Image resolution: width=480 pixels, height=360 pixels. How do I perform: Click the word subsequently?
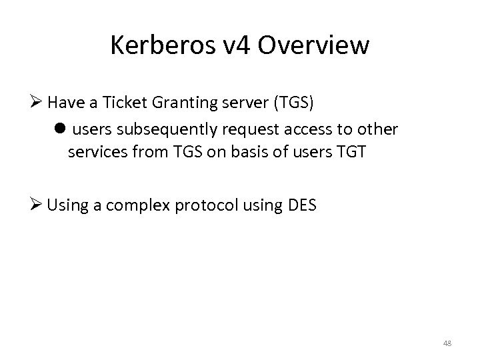pos(167,127)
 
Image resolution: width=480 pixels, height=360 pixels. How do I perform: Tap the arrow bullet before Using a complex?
pos(37,205)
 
